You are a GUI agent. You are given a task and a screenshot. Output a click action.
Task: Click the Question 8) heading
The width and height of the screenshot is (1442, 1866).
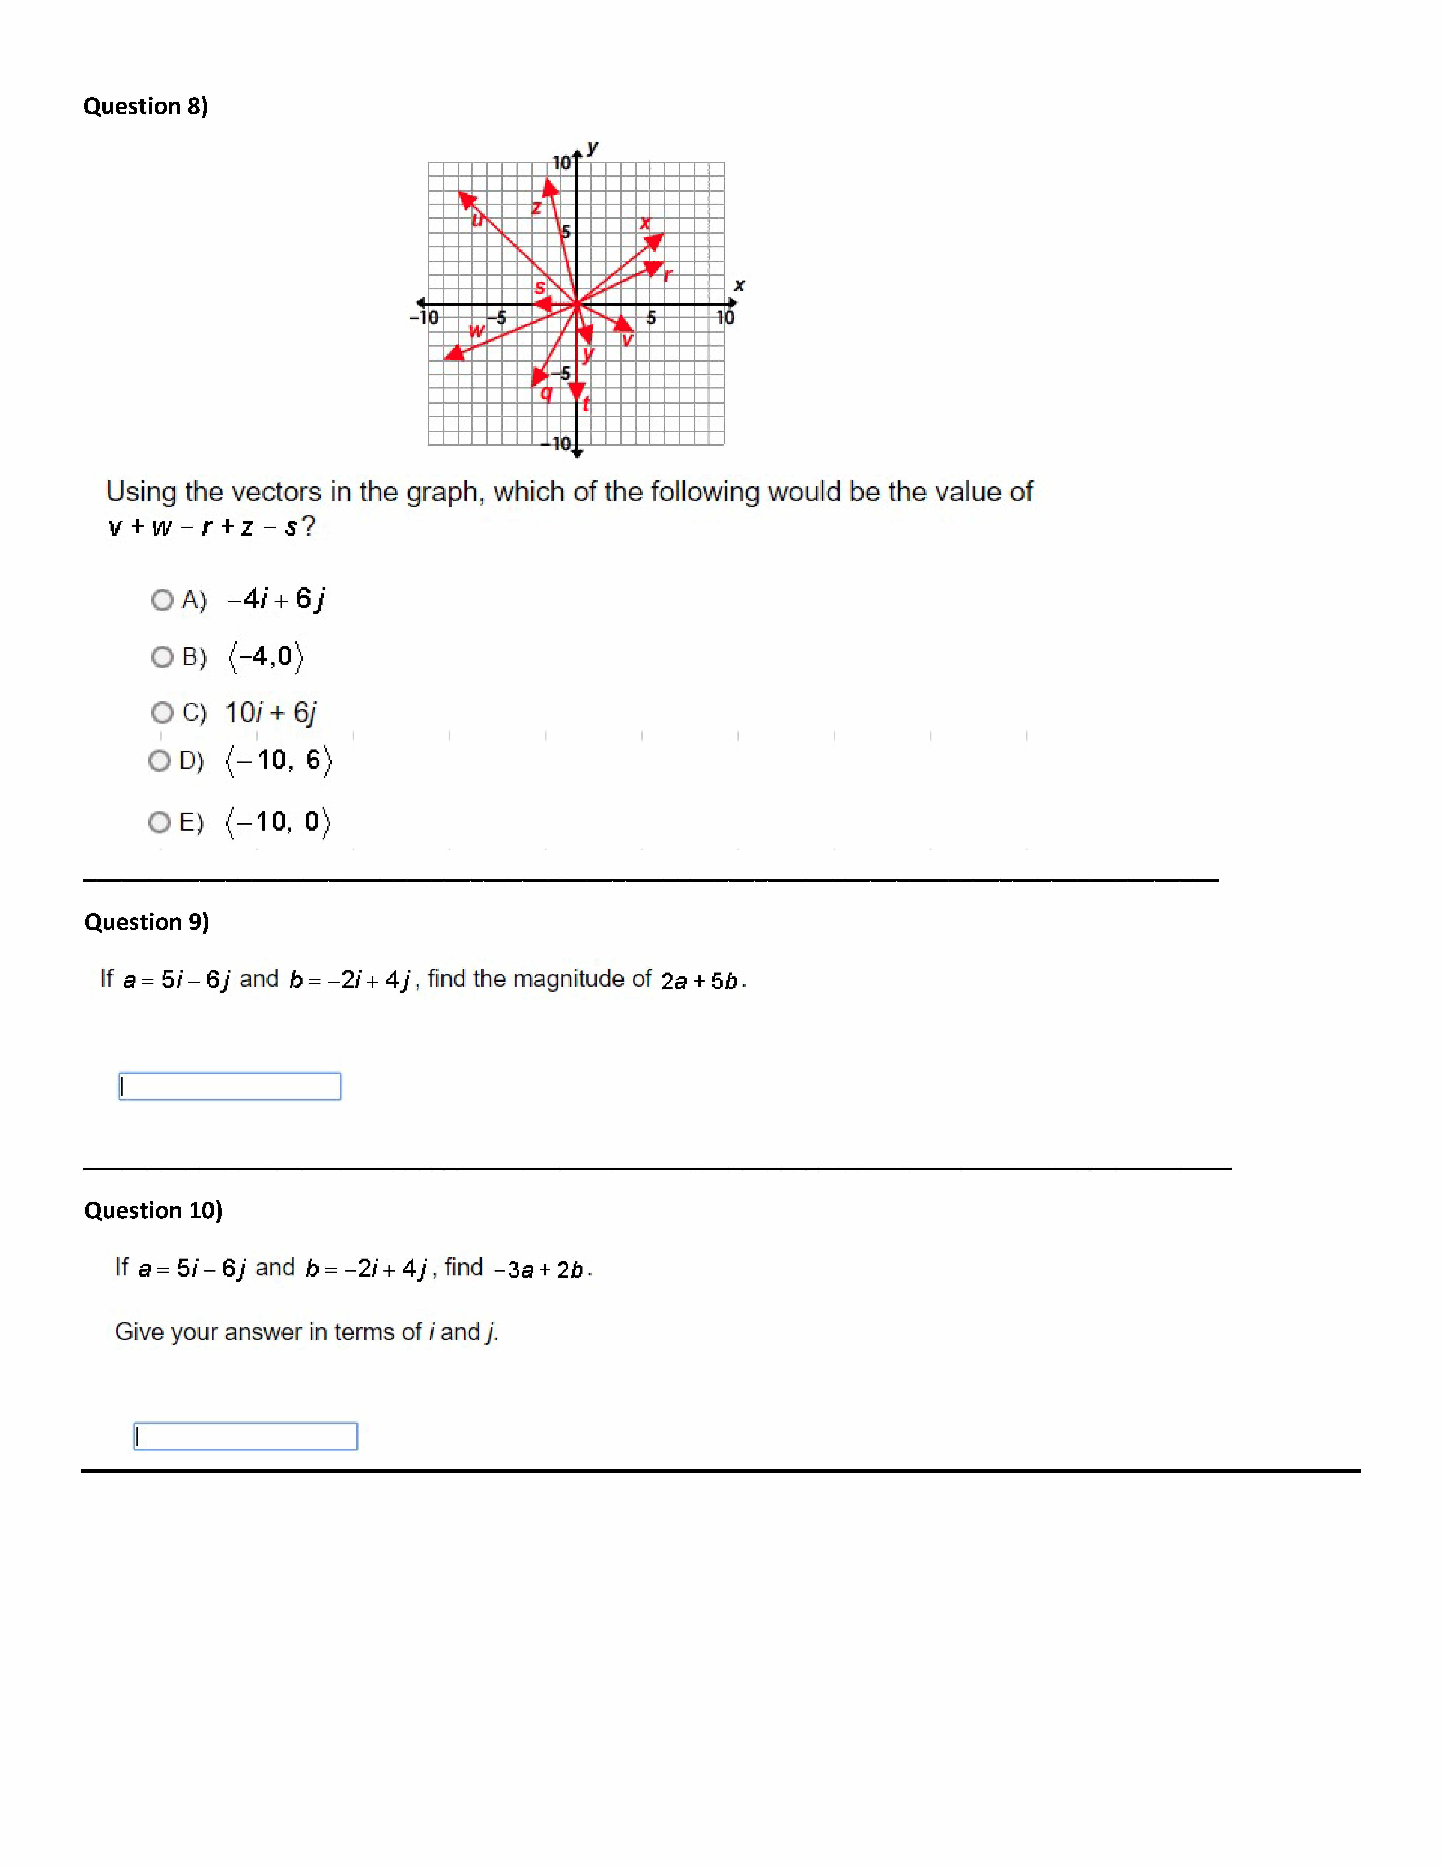(x=145, y=106)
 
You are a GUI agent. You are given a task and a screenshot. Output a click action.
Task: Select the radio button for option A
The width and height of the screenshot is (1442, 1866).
(x=161, y=600)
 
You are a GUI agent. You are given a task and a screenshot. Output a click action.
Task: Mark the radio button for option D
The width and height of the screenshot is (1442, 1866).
(x=159, y=760)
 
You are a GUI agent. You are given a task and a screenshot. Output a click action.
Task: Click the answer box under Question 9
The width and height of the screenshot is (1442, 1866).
(x=229, y=1086)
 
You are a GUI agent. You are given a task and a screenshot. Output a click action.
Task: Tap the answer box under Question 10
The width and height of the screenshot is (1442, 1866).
(x=245, y=1436)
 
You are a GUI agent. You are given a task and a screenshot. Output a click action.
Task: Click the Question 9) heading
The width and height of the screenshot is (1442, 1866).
(x=146, y=922)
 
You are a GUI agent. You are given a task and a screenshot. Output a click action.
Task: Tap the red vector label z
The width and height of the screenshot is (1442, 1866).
(x=537, y=208)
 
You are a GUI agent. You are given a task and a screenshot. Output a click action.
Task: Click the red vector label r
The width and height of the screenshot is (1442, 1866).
(x=668, y=274)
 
